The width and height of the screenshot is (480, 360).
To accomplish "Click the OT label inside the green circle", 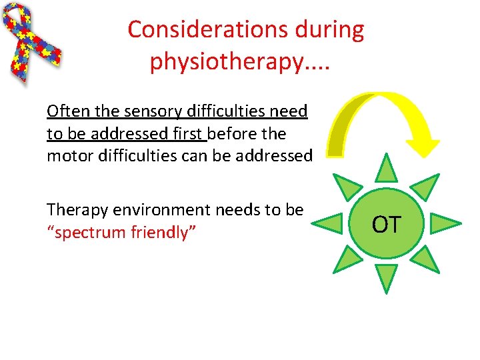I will click(387, 225).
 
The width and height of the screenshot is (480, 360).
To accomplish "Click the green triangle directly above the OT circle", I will click(386, 168).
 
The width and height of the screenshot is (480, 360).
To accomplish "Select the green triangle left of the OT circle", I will click(329, 223).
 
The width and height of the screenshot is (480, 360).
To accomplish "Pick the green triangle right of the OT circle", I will click(445, 224).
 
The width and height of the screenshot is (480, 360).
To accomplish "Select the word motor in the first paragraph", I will click(66, 155).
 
